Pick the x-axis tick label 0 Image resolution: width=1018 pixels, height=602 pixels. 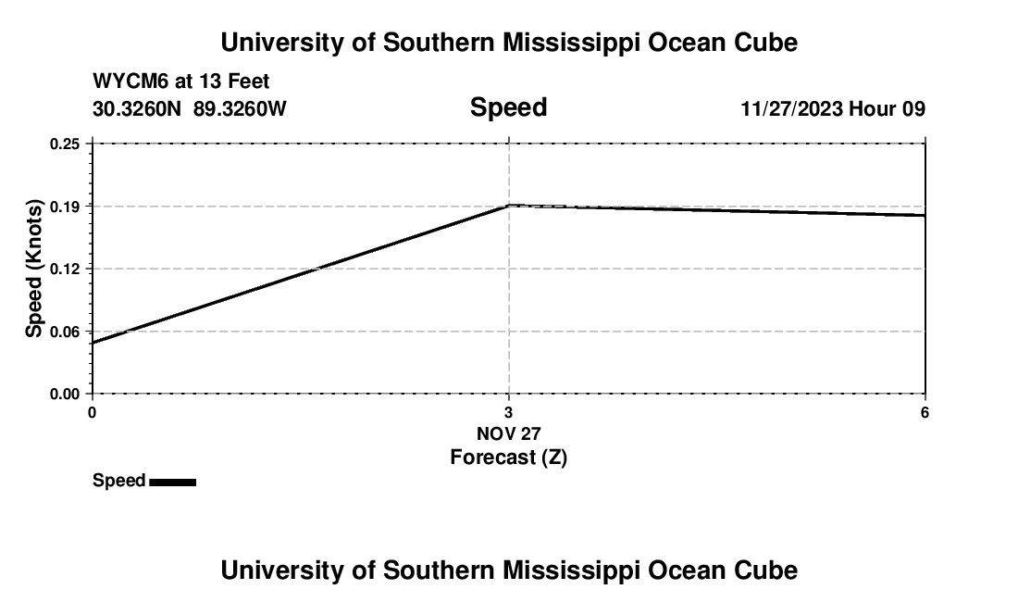(x=92, y=412)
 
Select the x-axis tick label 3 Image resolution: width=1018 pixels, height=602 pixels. (x=508, y=412)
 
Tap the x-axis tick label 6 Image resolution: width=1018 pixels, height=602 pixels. (x=925, y=412)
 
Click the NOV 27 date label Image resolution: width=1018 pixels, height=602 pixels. (x=508, y=433)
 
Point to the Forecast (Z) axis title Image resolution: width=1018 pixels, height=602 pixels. (x=508, y=457)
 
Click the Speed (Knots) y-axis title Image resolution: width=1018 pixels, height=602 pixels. (x=34, y=269)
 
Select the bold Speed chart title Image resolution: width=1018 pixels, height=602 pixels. (x=508, y=107)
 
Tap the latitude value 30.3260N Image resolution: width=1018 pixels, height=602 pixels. (x=138, y=109)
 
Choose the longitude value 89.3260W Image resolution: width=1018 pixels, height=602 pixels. (x=240, y=109)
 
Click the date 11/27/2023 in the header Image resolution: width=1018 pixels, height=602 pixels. (x=791, y=109)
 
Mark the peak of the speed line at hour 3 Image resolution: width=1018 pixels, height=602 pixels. (x=509, y=205)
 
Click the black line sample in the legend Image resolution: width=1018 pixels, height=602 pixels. (x=172, y=482)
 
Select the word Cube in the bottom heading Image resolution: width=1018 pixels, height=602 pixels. (x=770, y=571)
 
